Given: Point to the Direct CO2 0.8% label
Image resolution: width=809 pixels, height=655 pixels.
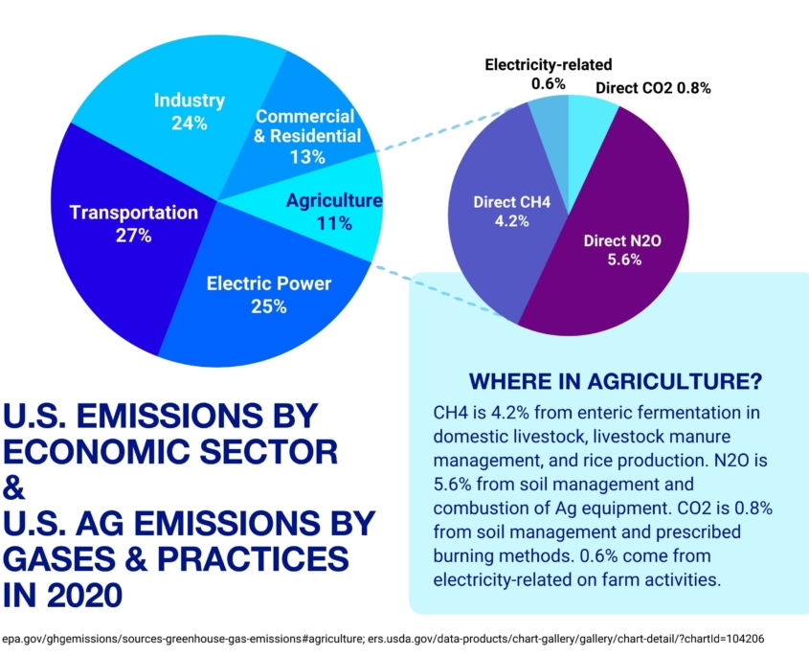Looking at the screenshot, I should [x=653, y=88].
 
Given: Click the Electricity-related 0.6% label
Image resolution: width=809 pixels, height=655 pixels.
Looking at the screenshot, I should [x=548, y=74].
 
